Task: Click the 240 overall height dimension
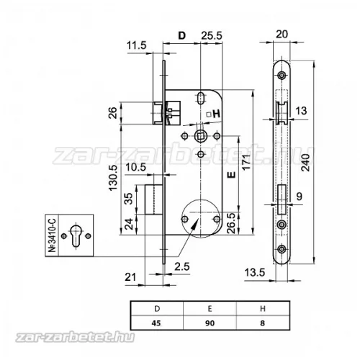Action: (x=306, y=163)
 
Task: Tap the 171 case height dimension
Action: (x=246, y=162)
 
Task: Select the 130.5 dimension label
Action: (x=114, y=178)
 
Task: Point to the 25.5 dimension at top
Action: (x=212, y=35)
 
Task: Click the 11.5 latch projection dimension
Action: (x=136, y=45)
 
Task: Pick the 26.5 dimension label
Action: (x=232, y=223)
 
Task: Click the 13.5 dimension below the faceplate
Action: (x=255, y=273)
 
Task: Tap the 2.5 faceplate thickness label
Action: (x=182, y=266)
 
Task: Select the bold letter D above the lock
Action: (x=182, y=35)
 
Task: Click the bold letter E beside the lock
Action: (x=231, y=175)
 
